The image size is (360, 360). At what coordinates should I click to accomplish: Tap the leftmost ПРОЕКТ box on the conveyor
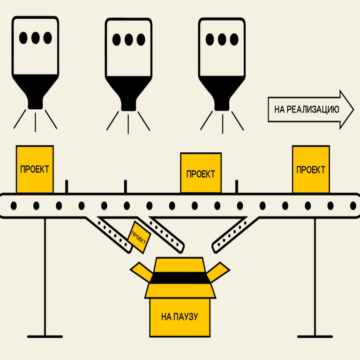click(x=34, y=169)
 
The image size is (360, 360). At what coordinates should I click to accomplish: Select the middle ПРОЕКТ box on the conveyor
click(x=201, y=173)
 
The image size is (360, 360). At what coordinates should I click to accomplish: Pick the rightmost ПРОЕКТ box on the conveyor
click(x=310, y=169)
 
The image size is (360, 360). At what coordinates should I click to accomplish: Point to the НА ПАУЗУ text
click(x=180, y=317)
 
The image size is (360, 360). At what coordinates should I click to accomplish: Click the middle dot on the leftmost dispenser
click(x=35, y=37)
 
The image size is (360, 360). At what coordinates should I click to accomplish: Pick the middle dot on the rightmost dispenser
click(x=222, y=38)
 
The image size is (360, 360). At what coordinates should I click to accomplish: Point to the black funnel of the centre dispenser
click(x=128, y=90)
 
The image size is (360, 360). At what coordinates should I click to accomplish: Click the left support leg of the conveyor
click(x=45, y=277)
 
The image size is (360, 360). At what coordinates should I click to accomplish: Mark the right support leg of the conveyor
click(x=314, y=277)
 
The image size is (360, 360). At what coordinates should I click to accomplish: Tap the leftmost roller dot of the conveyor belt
click(x=14, y=205)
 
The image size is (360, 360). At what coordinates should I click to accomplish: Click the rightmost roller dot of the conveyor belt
click(x=353, y=205)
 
